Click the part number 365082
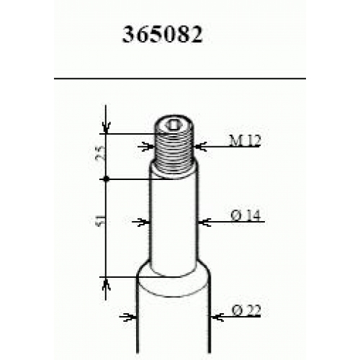coord(163,35)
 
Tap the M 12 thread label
coord(245,140)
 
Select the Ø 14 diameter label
coord(246,215)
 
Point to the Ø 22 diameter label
coord(246,310)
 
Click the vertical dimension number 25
coord(102,153)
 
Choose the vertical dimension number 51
coord(101,220)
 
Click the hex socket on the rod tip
coord(172,125)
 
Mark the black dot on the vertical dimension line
coord(107,179)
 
